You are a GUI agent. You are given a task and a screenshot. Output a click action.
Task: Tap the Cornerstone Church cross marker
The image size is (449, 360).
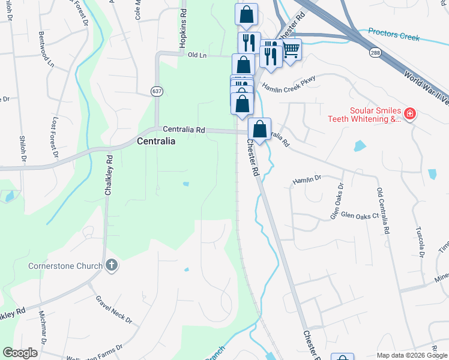(111, 265)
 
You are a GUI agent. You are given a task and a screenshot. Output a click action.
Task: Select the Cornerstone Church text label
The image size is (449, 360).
(65, 266)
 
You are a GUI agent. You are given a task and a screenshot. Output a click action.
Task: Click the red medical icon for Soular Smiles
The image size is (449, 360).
(410, 113)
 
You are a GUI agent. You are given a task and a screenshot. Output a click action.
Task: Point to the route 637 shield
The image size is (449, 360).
(157, 91)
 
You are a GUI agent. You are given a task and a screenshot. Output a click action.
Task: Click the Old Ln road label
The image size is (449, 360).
(197, 55)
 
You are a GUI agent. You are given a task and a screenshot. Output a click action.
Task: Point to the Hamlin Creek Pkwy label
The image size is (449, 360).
(288, 88)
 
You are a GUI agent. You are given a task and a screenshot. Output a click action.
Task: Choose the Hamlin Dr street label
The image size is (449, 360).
(307, 179)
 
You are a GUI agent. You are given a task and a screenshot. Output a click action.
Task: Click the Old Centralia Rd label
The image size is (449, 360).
(382, 210)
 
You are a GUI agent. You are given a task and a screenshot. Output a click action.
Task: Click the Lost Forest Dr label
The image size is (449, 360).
(56, 137)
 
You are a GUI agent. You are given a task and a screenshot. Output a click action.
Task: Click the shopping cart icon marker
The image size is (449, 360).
(291, 50)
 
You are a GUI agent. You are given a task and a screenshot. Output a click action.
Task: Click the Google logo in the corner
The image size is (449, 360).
(20, 353)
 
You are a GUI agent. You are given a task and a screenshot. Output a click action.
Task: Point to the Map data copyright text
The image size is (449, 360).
(411, 355)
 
